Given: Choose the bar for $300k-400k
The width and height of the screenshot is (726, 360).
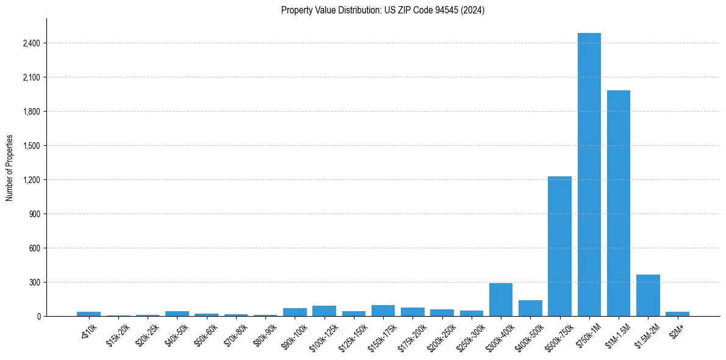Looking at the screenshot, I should click(501, 300).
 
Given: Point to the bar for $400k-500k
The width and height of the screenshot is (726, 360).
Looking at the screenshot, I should click(530, 308).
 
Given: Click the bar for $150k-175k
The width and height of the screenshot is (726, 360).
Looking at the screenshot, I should click(383, 311).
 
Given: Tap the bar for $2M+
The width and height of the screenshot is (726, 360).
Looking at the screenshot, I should click(677, 314).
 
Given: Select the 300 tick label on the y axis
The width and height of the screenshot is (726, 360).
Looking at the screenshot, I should click(34, 283).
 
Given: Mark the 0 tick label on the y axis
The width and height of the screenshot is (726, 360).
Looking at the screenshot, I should click(38, 317).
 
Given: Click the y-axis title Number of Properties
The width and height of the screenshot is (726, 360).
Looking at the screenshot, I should click(9, 168).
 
